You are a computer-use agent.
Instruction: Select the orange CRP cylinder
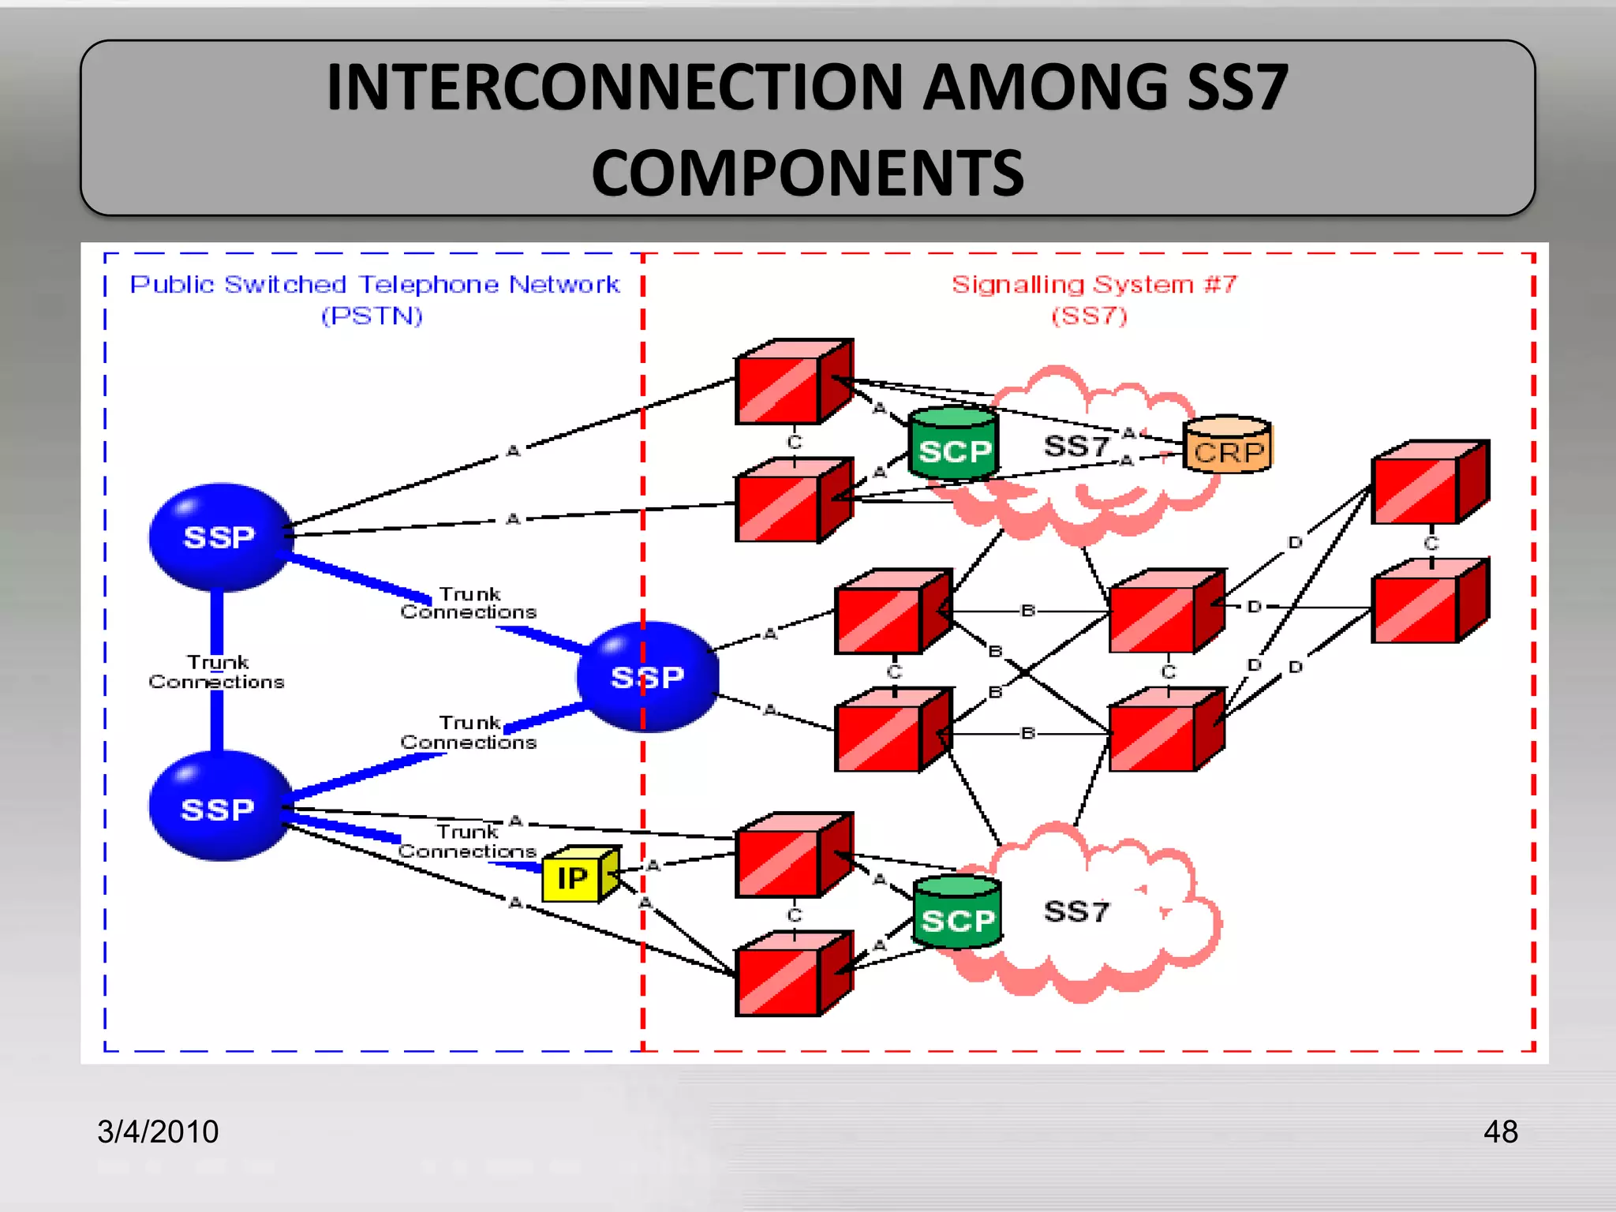(1228, 447)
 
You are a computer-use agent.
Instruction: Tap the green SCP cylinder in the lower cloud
(957, 914)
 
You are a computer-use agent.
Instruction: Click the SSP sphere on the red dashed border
(647, 677)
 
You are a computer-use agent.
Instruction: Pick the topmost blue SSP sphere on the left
(219, 537)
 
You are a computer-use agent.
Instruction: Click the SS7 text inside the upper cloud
(1076, 447)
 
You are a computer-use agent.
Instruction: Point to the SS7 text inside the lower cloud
(1076, 912)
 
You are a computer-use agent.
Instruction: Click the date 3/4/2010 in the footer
(158, 1132)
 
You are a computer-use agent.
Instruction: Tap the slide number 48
(1500, 1132)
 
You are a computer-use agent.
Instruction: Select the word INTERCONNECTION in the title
(614, 87)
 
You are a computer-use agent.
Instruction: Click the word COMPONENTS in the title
(807, 174)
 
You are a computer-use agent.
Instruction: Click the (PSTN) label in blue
(372, 316)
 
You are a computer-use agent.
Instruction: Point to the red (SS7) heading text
(1089, 316)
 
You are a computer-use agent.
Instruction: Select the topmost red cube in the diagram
(792, 383)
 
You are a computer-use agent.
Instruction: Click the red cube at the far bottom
(792, 975)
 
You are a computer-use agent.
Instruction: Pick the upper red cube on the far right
(1428, 483)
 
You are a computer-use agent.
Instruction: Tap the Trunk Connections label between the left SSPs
(216, 672)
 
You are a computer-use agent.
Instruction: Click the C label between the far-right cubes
(1431, 544)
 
